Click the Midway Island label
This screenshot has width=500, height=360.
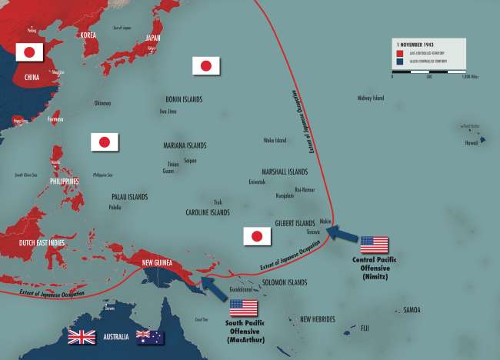372,98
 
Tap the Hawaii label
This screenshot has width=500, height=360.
470,142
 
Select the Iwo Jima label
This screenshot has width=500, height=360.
168,111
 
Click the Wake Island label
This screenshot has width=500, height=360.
275,140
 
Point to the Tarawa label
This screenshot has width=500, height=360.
312,231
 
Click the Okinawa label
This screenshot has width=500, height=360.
102,103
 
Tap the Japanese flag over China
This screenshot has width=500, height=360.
29,52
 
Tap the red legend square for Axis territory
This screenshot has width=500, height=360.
398,54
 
